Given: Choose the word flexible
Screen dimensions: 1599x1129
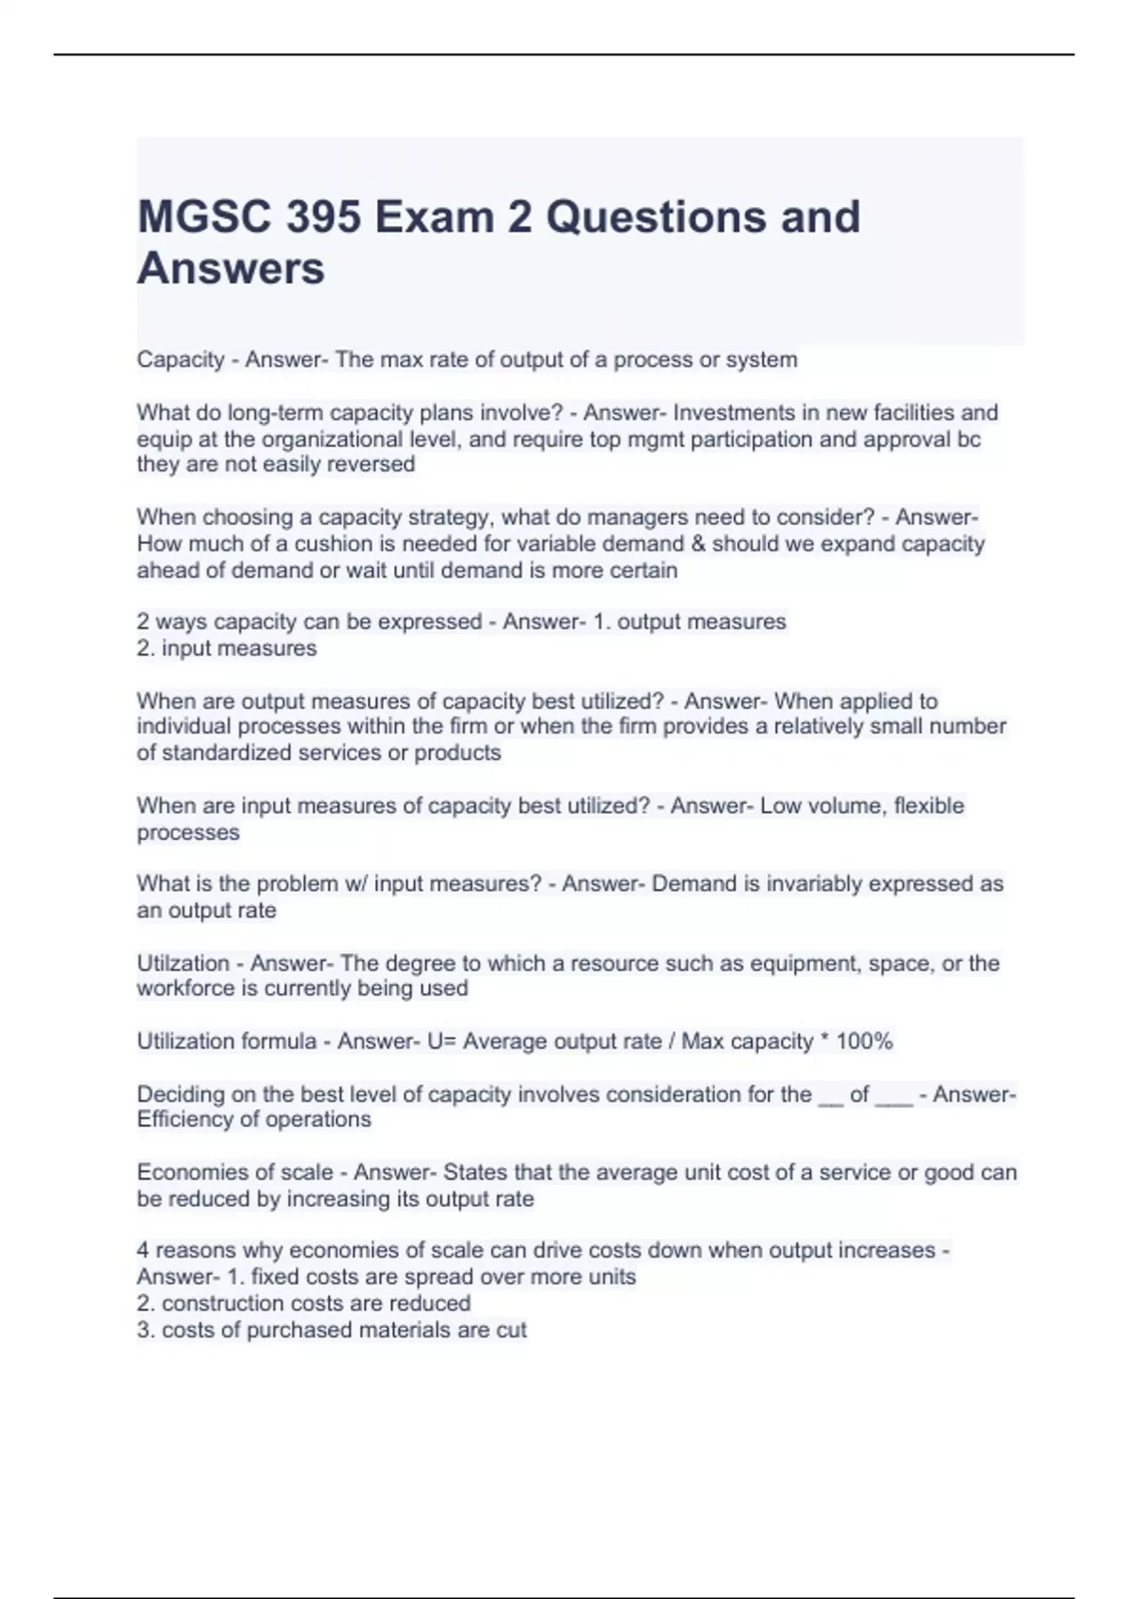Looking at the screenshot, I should [929, 806].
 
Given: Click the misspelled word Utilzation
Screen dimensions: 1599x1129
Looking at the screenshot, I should [183, 963].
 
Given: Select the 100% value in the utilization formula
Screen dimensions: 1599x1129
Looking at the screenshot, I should [864, 1041].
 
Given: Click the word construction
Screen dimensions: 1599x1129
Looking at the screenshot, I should [224, 1304].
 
